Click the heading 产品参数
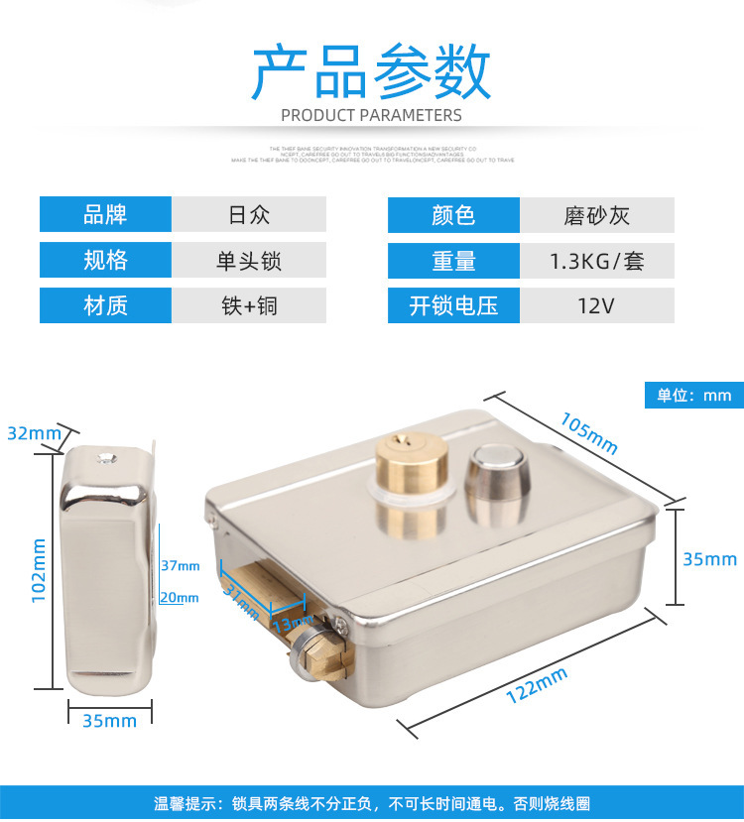click(x=371, y=70)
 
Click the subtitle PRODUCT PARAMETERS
click(x=371, y=115)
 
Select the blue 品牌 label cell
click(x=105, y=214)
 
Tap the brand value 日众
click(x=249, y=214)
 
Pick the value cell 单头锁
click(x=249, y=260)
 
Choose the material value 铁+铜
click(x=249, y=305)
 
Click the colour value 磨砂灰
click(x=596, y=214)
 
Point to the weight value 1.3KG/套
click(x=596, y=260)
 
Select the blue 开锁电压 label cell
click(x=453, y=305)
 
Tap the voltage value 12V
click(x=596, y=305)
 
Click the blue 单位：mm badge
click(x=693, y=395)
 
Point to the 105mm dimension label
click(x=588, y=433)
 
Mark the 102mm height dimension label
click(x=39, y=571)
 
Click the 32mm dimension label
click(x=34, y=433)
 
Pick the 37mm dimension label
click(x=180, y=565)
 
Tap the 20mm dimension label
click(x=180, y=597)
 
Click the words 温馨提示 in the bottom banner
click(x=185, y=804)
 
